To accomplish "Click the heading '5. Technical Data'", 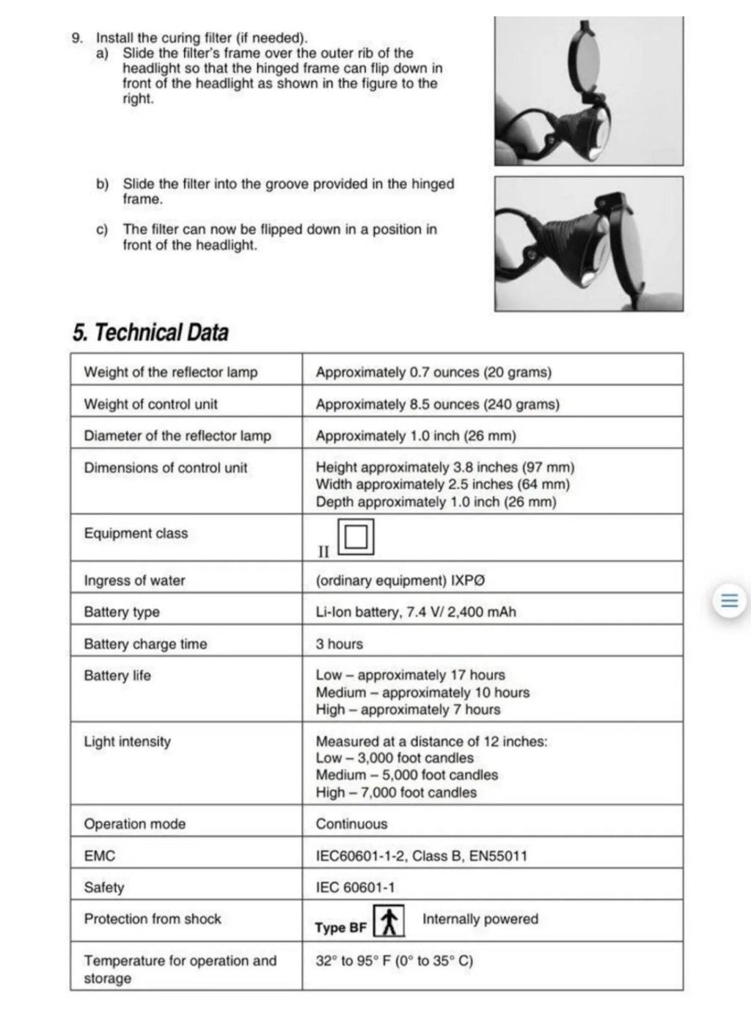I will [x=150, y=332].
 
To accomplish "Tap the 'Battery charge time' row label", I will [x=145, y=644].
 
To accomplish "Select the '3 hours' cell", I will [x=339, y=644].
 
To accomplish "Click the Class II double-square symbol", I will [x=356, y=537].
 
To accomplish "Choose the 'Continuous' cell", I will [x=351, y=824].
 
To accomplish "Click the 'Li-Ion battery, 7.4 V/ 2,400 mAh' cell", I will [x=416, y=612].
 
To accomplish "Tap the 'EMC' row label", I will [x=100, y=855].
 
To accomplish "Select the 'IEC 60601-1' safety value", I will [x=355, y=888].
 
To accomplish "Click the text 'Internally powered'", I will [x=480, y=919].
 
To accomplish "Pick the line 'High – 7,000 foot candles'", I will [x=396, y=792].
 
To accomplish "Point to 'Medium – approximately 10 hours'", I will [x=422, y=693].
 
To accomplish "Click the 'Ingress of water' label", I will [x=134, y=580].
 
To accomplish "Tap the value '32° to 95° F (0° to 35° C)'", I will [x=394, y=961].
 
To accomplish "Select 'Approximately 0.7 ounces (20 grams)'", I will [x=433, y=372].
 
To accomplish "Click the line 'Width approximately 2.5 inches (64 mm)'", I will [x=442, y=484].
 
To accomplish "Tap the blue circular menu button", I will [x=729, y=601].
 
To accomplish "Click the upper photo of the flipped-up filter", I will [x=588, y=91].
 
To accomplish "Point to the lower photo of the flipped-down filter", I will [x=588, y=244].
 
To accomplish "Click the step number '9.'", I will [x=77, y=38].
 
